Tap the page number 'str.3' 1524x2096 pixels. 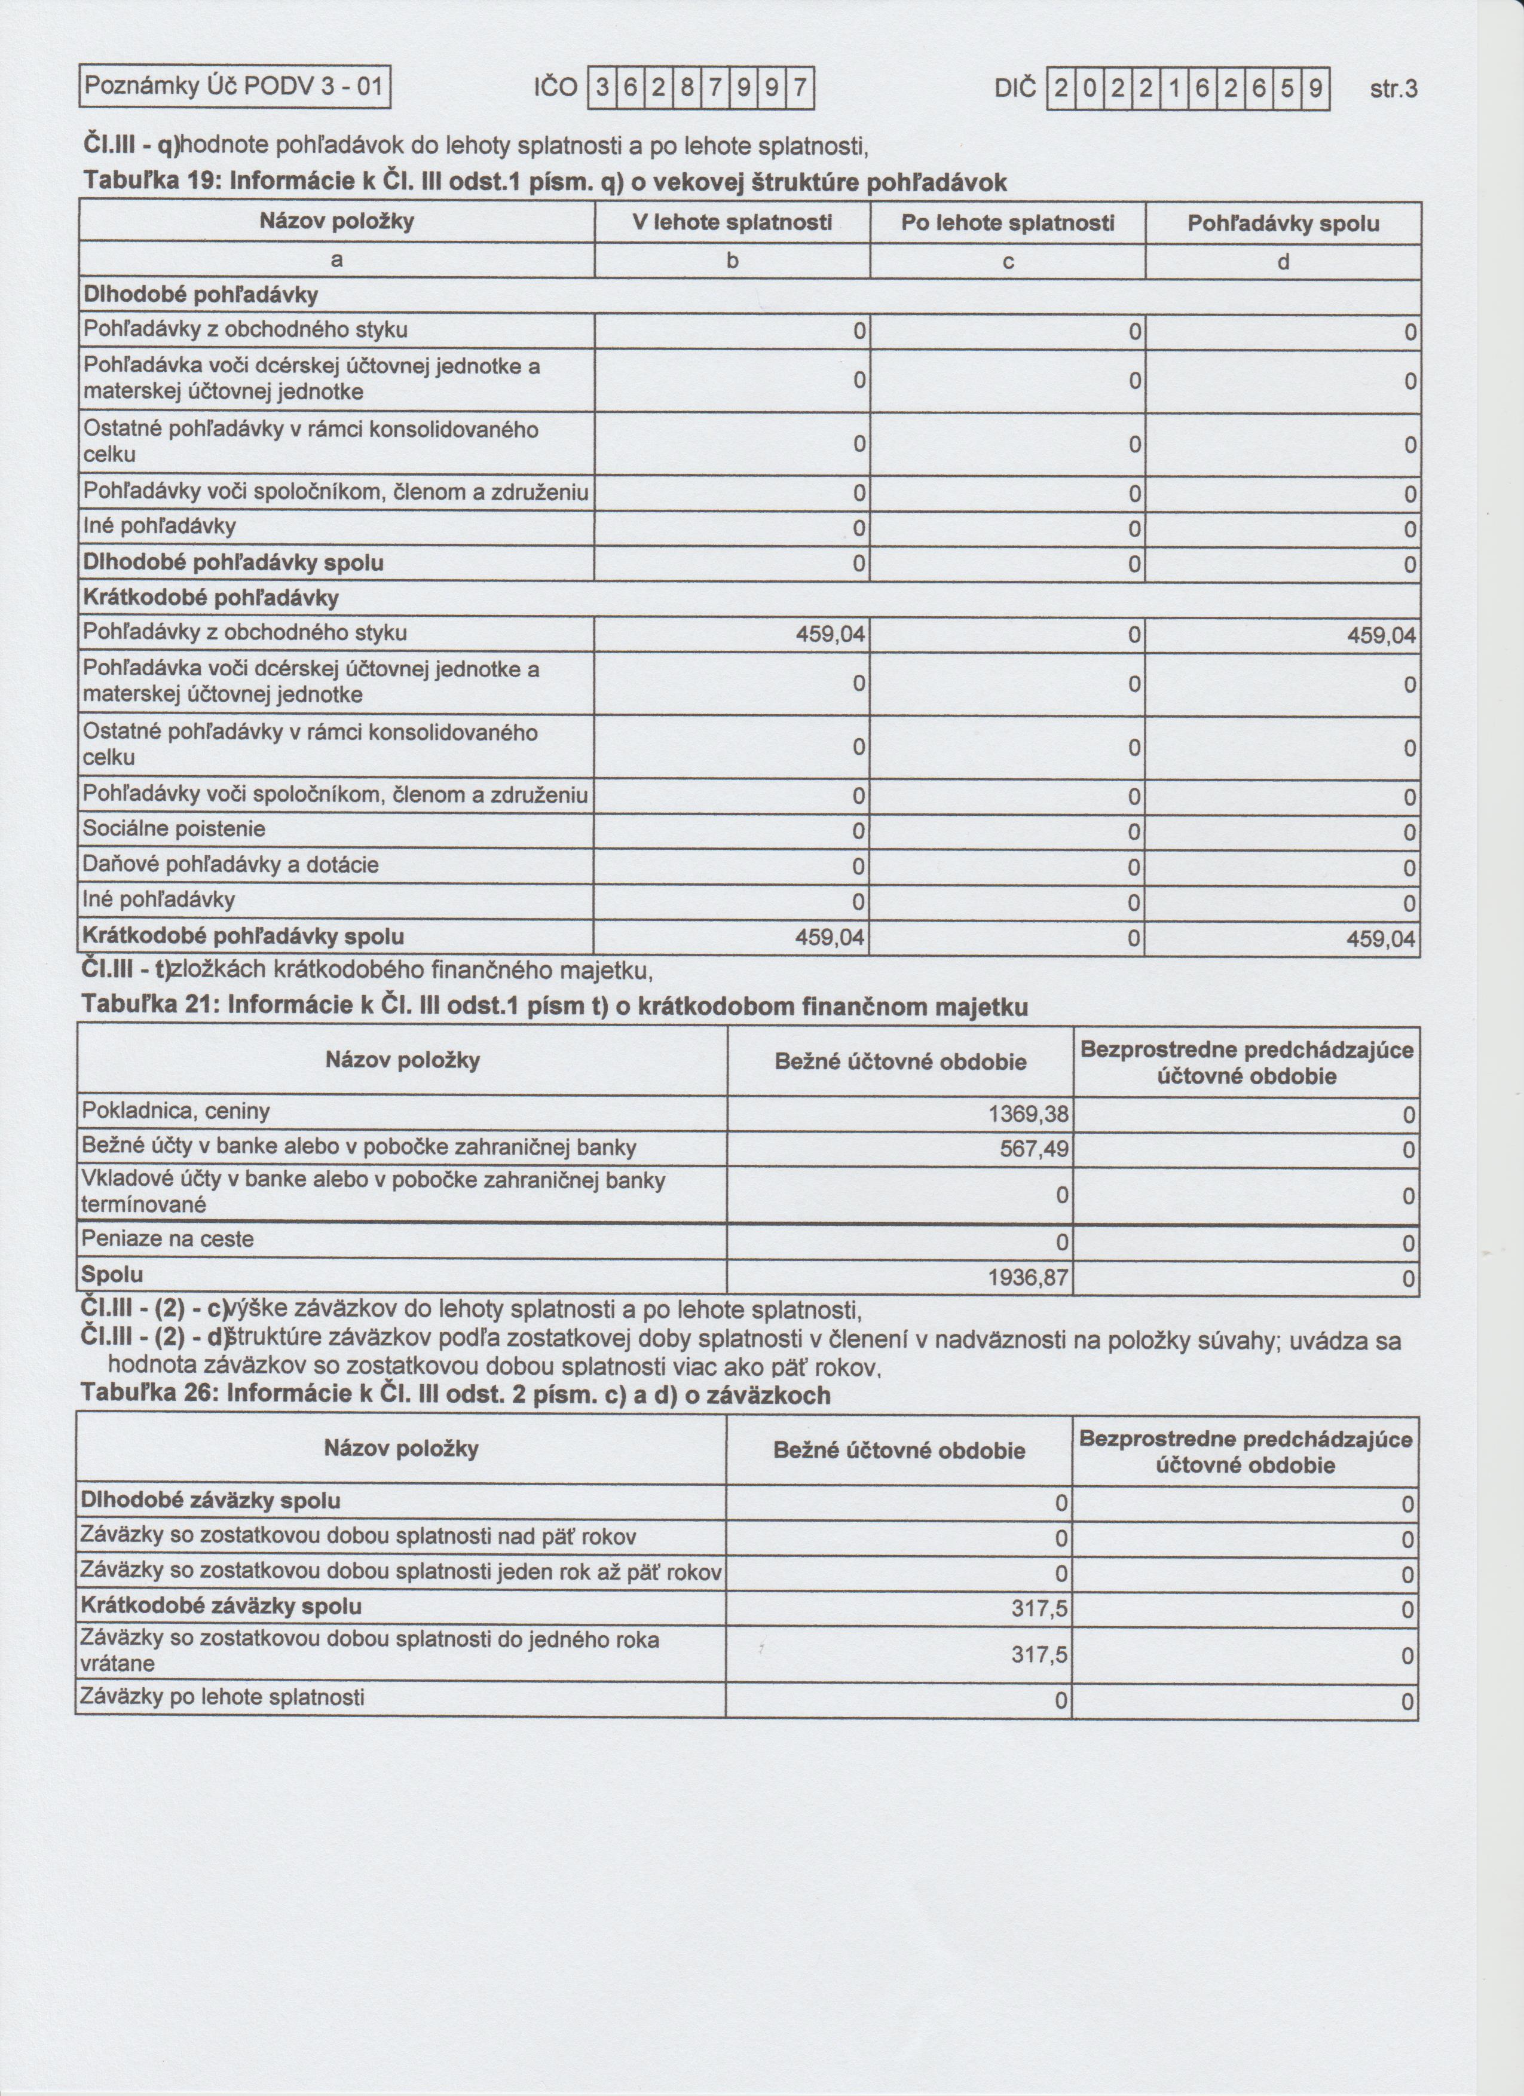coord(1393,90)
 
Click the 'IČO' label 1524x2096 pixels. coord(555,88)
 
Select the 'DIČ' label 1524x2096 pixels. coord(1018,88)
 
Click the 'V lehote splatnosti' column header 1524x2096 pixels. coord(732,223)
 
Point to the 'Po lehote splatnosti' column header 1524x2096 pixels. coord(1008,223)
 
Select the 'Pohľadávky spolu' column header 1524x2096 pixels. coord(1283,224)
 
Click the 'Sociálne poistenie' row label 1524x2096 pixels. coord(174,829)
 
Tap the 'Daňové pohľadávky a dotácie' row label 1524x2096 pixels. coord(231,865)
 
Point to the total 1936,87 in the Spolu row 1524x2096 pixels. coord(1029,1279)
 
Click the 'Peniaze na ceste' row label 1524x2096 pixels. coord(167,1240)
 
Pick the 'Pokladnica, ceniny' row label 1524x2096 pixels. coord(176,1111)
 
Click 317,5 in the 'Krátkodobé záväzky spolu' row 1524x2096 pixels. coord(1040,1610)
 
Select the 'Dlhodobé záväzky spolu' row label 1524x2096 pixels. coord(211,1501)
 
